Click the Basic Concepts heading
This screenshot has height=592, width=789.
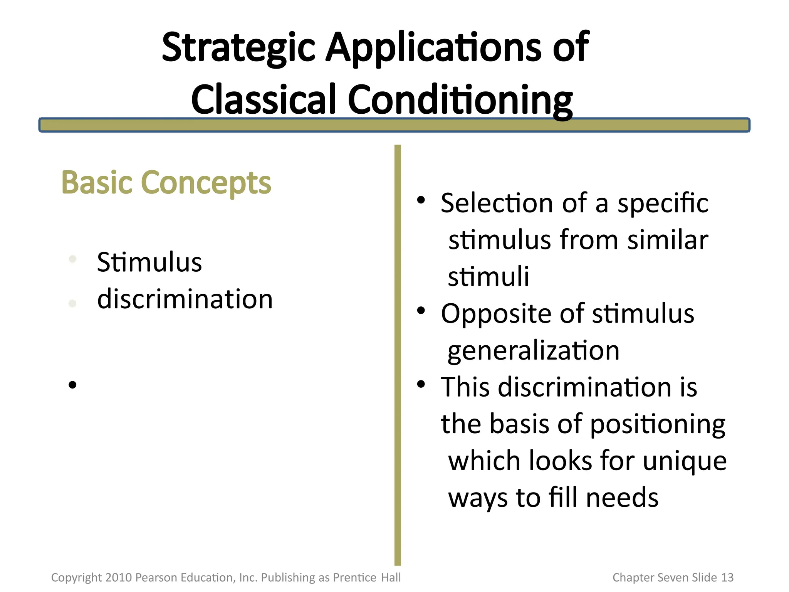166,183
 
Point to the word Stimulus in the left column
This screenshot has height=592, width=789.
149,262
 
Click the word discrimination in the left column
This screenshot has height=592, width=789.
185,299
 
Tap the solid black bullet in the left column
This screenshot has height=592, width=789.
72,385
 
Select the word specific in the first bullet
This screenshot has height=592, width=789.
663,203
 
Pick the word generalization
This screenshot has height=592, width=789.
534,350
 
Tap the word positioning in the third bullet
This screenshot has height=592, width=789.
658,424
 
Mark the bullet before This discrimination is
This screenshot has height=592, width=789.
421,384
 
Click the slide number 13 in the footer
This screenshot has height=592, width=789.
727,577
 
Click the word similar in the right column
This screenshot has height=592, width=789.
668,240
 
